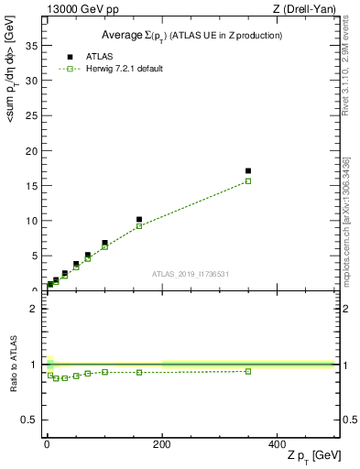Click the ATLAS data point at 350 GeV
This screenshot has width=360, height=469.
click(248, 170)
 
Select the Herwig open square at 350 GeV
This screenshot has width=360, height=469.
click(248, 181)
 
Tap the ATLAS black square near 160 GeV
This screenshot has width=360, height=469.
click(139, 220)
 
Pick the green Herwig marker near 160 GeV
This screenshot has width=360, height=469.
click(139, 225)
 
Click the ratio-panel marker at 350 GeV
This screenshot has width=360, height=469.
click(248, 371)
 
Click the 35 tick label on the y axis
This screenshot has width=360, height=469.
click(33, 45)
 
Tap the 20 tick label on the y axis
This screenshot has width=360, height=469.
click(33, 150)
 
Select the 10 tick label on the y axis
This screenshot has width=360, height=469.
click(33, 221)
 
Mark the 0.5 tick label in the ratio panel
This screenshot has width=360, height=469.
click(30, 420)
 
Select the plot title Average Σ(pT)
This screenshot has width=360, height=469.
click(191, 35)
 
